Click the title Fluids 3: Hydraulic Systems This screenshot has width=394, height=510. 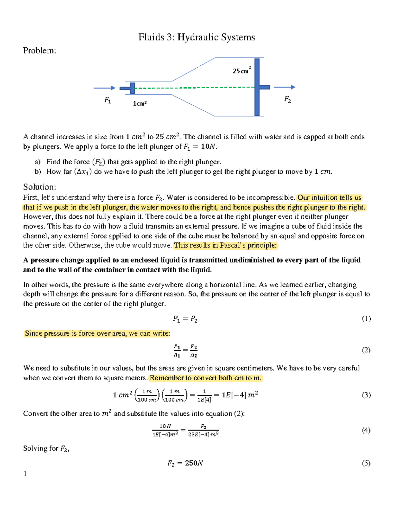pyautogui.click(x=196, y=37)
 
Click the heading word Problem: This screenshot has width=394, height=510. pyautogui.click(x=39, y=51)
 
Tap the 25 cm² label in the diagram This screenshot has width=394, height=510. pyautogui.click(x=242, y=71)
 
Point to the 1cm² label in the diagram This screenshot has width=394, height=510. pyautogui.click(x=140, y=103)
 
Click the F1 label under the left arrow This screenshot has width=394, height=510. pyautogui.click(x=108, y=100)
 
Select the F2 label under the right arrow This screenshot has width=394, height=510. pyautogui.click(x=287, y=99)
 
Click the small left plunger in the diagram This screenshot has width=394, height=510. pyautogui.click(x=132, y=88)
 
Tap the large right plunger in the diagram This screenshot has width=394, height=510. pyautogui.click(x=257, y=87)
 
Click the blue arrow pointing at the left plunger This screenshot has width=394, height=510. pyautogui.click(x=104, y=88)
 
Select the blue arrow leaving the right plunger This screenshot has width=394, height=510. pyautogui.click(x=284, y=87)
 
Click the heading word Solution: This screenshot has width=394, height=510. pyautogui.click(x=39, y=187)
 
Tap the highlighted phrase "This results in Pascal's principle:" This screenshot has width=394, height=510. pyautogui.click(x=226, y=245)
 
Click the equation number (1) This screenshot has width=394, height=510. pyautogui.click(x=366, y=319)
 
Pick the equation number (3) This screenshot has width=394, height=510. pyautogui.click(x=366, y=395)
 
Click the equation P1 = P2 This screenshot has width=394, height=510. pyautogui.click(x=185, y=319)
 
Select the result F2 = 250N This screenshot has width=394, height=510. pyautogui.click(x=185, y=463)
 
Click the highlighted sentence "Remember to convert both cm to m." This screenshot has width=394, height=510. pyautogui.click(x=206, y=378)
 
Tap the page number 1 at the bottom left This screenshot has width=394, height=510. pyautogui.click(x=25, y=474)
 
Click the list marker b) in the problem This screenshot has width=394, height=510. pyautogui.click(x=38, y=171)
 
